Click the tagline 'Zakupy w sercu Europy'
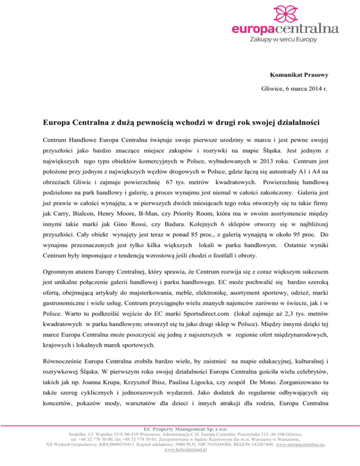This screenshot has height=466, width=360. (292, 40)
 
